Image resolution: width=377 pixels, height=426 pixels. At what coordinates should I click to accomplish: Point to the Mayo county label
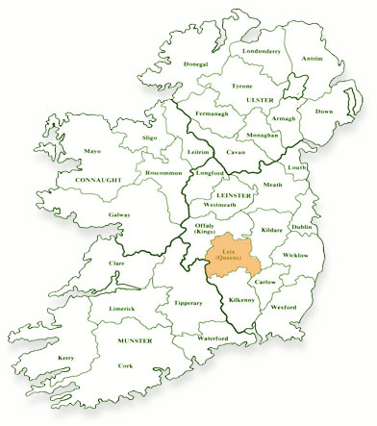92,151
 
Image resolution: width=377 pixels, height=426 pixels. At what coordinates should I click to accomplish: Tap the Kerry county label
66,358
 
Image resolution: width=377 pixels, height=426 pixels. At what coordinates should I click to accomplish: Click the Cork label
125,365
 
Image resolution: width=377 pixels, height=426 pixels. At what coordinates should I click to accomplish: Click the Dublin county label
300,226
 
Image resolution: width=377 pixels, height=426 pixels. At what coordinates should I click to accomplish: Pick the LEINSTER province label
235,195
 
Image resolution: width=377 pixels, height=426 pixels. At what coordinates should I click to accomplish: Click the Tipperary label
188,303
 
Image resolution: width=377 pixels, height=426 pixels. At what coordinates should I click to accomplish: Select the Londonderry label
261,50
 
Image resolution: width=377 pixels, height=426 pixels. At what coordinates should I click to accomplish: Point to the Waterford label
213,338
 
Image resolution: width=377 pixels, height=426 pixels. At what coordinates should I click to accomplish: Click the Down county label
323,111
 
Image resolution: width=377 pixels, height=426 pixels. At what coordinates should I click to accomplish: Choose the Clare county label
117,263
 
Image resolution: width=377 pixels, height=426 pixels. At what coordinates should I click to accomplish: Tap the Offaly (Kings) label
204,229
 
